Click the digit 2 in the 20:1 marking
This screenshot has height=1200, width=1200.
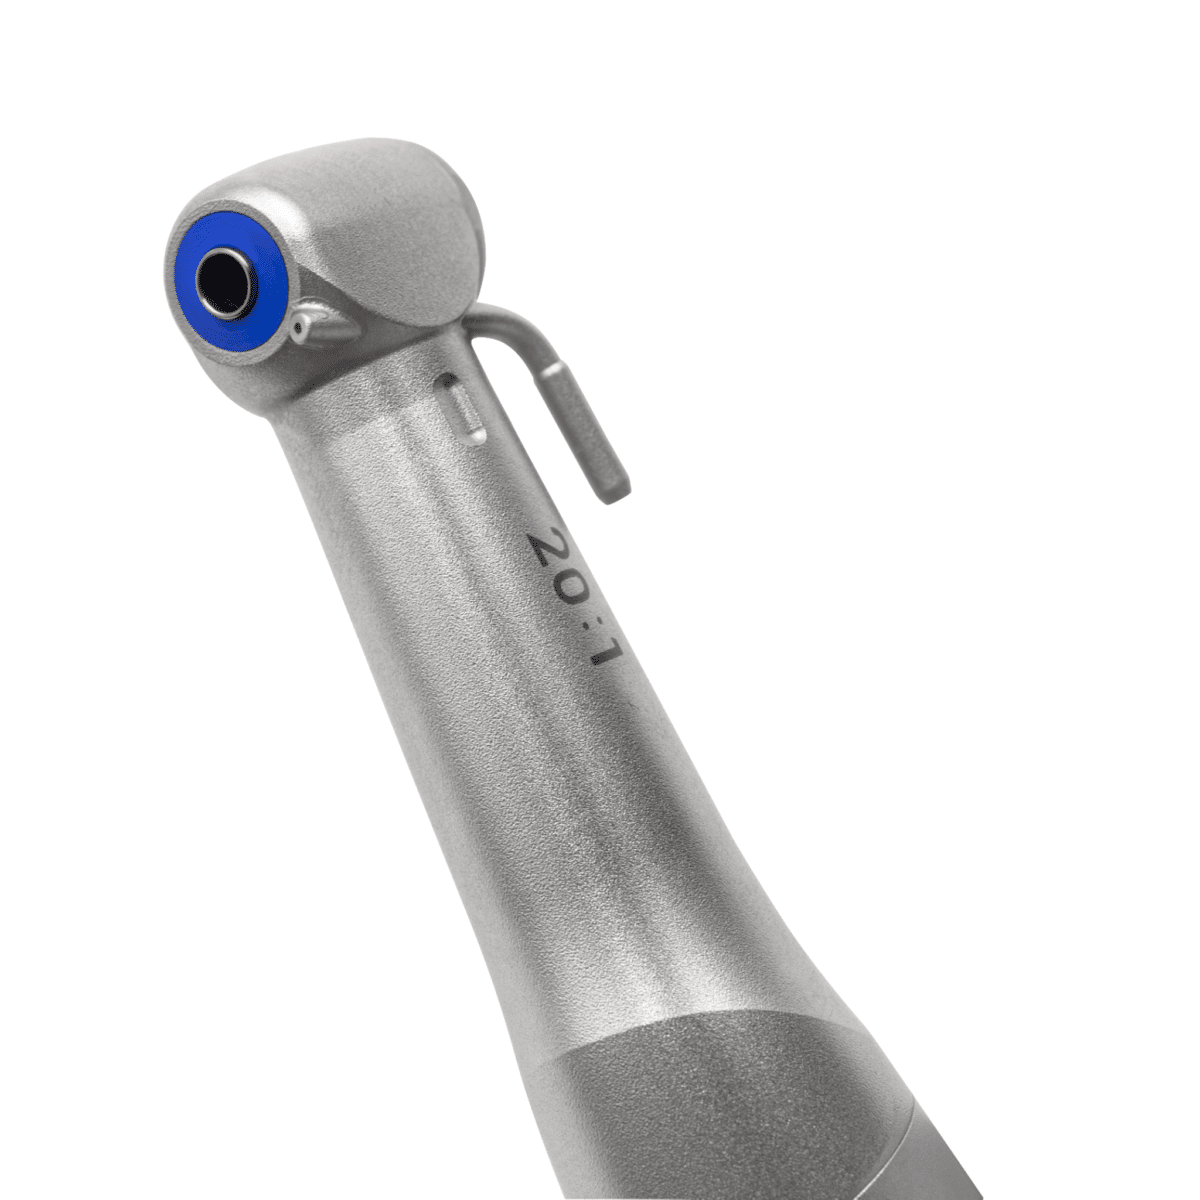coord(548,549)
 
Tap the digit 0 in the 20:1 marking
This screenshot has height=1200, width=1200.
coord(569,592)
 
